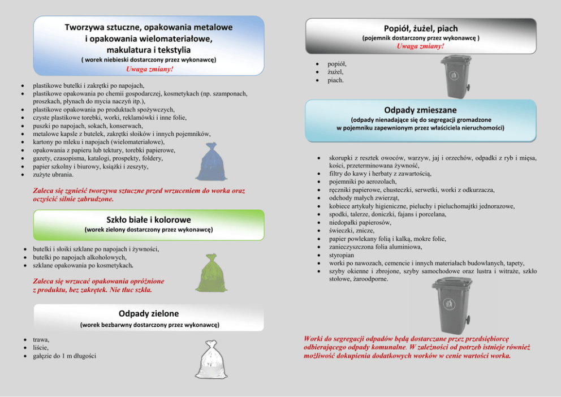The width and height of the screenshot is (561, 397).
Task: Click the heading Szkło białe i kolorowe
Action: coord(149,219)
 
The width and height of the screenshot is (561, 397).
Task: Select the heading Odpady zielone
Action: coord(149,313)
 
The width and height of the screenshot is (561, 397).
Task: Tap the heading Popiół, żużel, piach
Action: coord(421,28)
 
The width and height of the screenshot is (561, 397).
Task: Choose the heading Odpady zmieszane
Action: coord(420,109)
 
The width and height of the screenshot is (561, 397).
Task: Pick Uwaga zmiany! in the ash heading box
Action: coord(421,46)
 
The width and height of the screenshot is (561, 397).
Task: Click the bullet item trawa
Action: coord(41,339)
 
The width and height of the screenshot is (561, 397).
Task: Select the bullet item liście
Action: coord(41,348)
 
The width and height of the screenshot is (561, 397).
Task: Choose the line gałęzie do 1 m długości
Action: coord(64,356)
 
